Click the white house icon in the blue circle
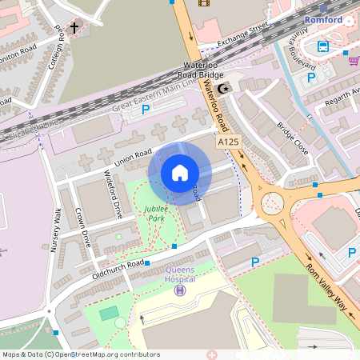[x=180, y=173]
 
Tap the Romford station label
[x=323, y=19]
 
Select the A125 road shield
[x=228, y=142]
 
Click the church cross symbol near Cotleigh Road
[x=74, y=29]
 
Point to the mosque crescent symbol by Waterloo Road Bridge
[x=224, y=88]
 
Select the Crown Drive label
[x=82, y=227]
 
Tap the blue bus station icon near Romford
[x=323, y=46]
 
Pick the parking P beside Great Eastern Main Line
[x=146, y=109]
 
